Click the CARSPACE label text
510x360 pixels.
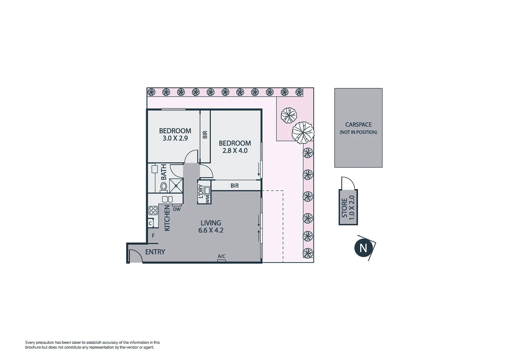click(358, 125)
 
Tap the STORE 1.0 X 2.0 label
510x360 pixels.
click(348, 207)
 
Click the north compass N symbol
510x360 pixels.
click(363, 248)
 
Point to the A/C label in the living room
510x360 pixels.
click(221, 256)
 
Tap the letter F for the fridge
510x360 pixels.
click(153, 236)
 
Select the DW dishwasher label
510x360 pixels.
click(177, 209)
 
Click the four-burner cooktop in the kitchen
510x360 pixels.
click(153, 210)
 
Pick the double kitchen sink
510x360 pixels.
click(167, 199)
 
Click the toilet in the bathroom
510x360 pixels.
click(164, 187)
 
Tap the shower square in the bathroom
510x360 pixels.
click(176, 186)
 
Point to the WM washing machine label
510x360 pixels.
click(207, 199)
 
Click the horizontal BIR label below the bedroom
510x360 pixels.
click(234, 186)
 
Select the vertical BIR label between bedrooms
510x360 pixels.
click(205, 135)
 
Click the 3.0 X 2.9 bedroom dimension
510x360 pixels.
click(175, 138)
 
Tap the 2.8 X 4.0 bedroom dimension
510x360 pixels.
click(235, 151)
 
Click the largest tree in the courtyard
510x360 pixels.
click(303, 132)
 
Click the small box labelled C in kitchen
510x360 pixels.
click(150, 223)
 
